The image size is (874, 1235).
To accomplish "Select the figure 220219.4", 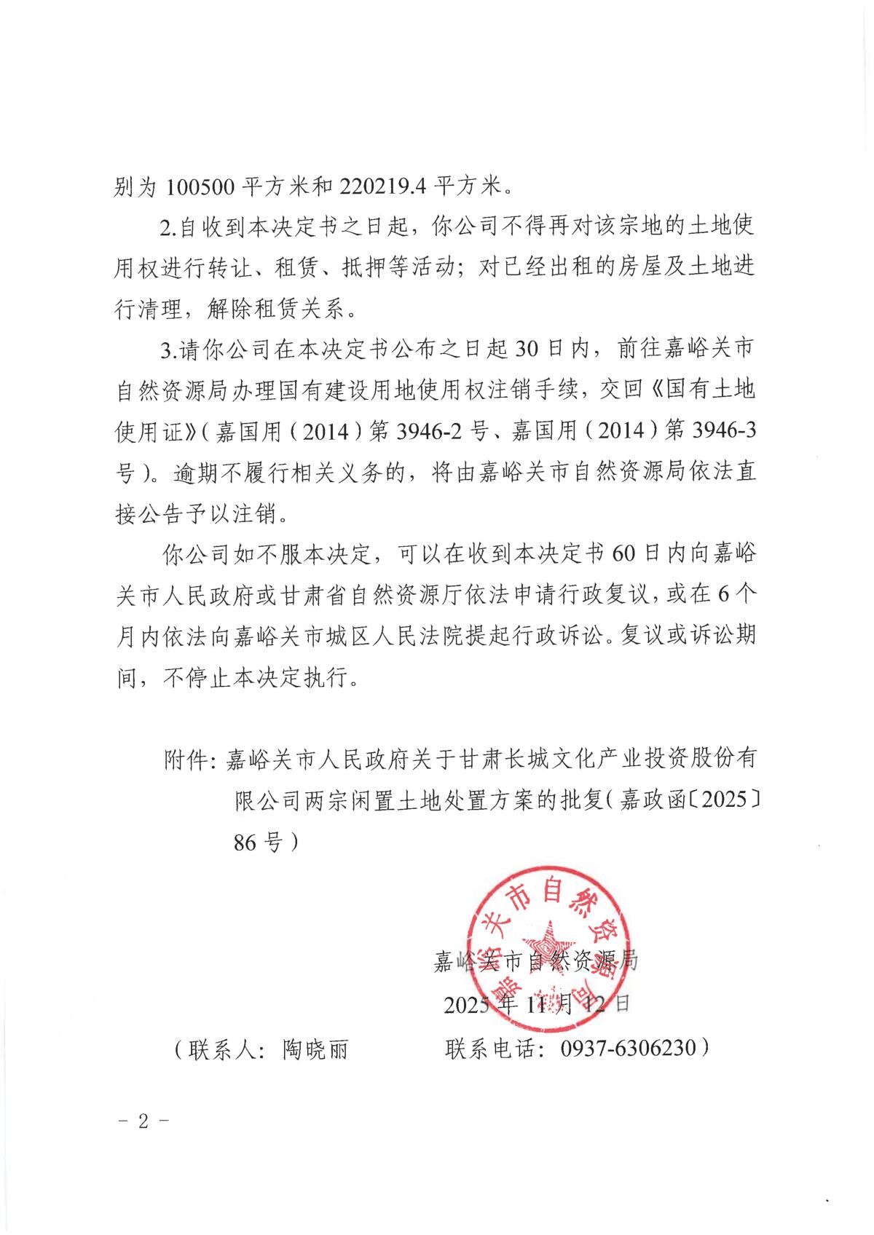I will pyautogui.click(x=383, y=187).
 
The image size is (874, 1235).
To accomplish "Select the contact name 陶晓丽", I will pyautogui.click(x=315, y=1049).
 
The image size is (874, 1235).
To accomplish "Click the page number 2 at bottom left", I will pyautogui.click(x=143, y=1121).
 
